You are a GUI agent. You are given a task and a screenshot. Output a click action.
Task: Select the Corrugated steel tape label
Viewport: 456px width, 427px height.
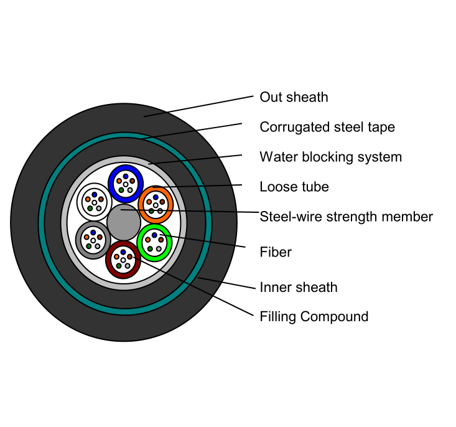tap(327, 127)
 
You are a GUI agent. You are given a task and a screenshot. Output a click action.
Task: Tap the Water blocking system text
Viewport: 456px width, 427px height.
tap(330, 157)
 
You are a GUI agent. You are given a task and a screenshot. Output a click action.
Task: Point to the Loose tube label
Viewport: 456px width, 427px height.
tap(294, 187)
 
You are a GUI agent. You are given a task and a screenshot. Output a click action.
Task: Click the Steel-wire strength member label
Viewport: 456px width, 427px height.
tap(346, 217)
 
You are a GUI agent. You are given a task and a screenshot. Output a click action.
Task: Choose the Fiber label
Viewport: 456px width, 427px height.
tap(276, 252)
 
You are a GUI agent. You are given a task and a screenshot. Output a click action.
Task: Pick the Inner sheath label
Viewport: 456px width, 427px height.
tap(299, 287)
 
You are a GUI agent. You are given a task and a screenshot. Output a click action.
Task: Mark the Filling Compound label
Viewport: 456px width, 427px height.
tap(314, 316)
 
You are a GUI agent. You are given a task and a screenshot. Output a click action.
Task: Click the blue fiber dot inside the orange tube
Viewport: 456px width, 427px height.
tap(156, 197)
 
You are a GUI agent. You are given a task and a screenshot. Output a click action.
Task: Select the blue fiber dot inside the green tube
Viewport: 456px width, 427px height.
tap(154, 235)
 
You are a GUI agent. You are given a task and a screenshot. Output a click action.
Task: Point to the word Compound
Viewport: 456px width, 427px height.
tap(339, 316)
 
